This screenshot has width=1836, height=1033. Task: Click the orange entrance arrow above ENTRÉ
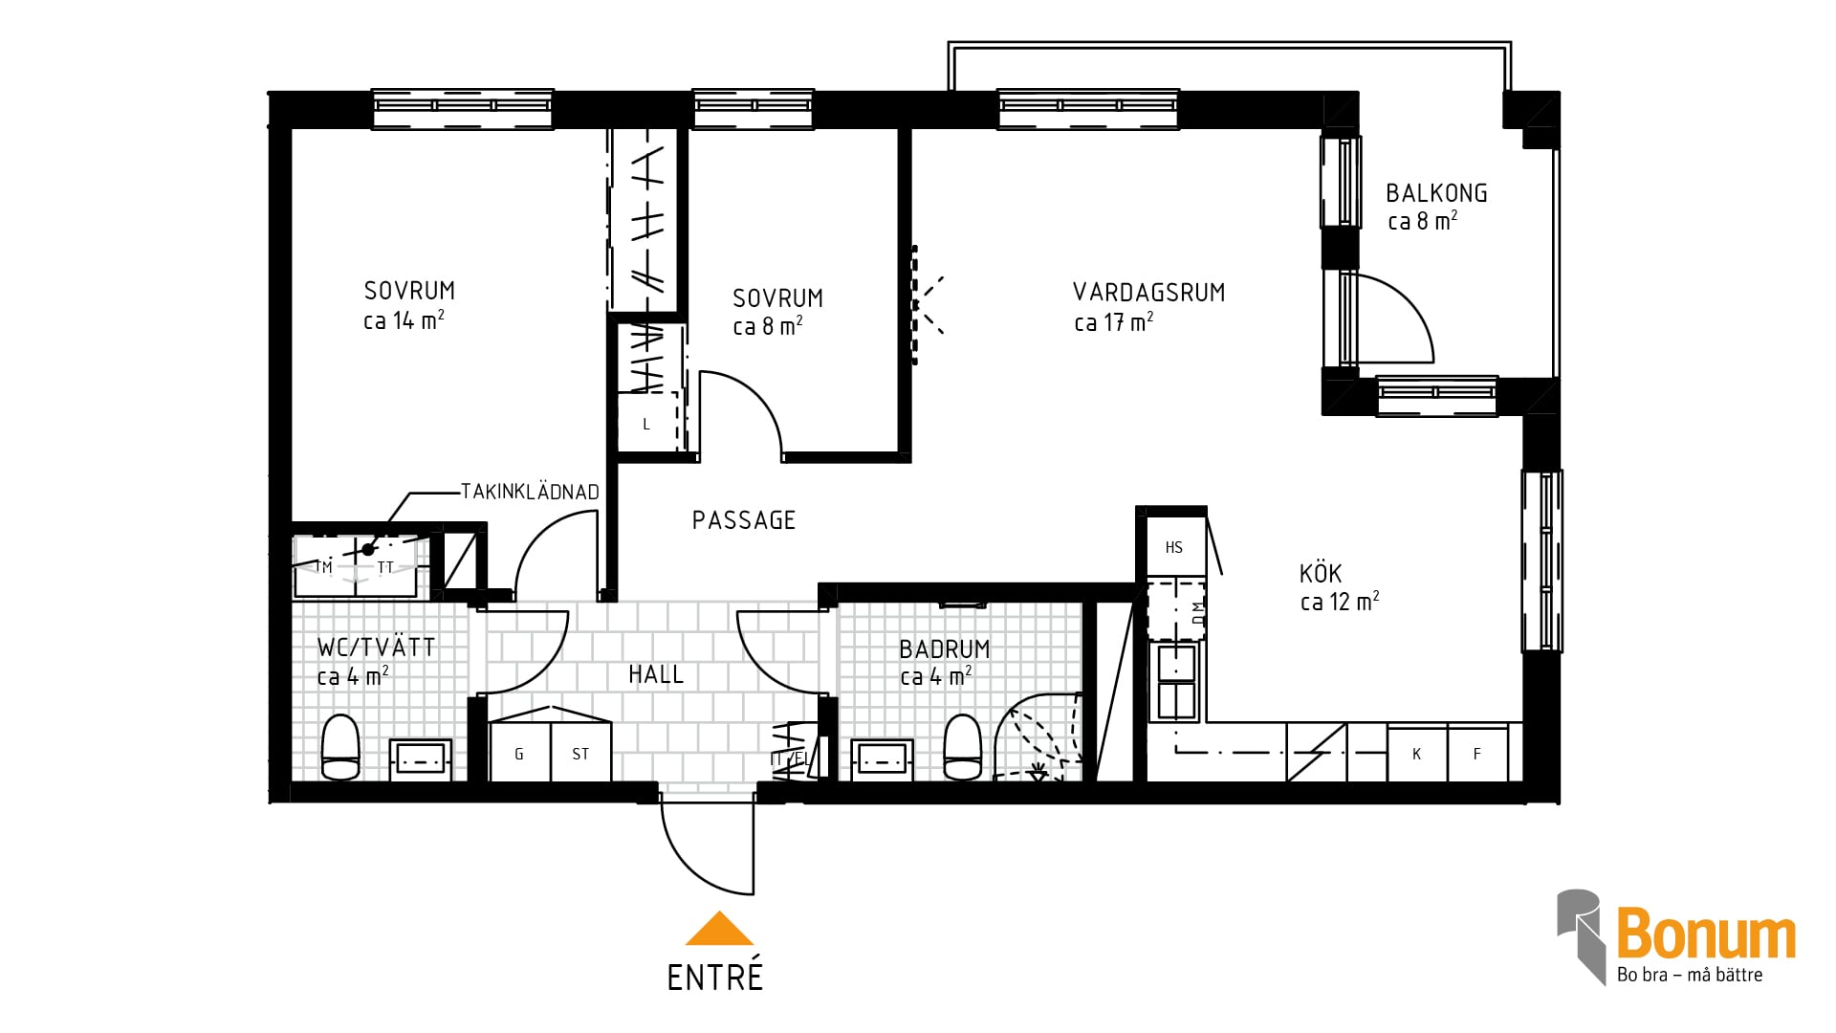click(719, 930)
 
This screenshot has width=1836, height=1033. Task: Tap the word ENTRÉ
click(715, 977)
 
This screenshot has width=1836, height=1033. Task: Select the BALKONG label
click(1436, 193)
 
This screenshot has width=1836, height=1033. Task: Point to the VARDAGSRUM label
click(1148, 293)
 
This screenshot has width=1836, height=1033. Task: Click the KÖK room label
click(1321, 573)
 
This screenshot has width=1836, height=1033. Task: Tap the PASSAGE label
click(744, 520)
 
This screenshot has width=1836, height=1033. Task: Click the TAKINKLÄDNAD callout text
click(530, 492)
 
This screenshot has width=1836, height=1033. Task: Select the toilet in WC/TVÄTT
click(340, 747)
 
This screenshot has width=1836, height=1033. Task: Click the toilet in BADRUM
click(962, 748)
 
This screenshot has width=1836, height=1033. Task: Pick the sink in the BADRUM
click(881, 759)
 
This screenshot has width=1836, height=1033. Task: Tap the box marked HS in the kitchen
click(1174, 547)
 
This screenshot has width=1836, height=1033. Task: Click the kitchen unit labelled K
click(1417, 754)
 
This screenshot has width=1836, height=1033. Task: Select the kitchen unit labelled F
click(1477, 754)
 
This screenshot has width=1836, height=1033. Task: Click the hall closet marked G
click(519, 753)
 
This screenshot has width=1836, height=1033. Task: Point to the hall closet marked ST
click(580, 753)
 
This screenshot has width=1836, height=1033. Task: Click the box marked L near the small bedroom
click(647, 422)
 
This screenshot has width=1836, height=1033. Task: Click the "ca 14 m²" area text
click(404, 320)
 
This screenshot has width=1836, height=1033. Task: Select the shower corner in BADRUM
click(1038, 738)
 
